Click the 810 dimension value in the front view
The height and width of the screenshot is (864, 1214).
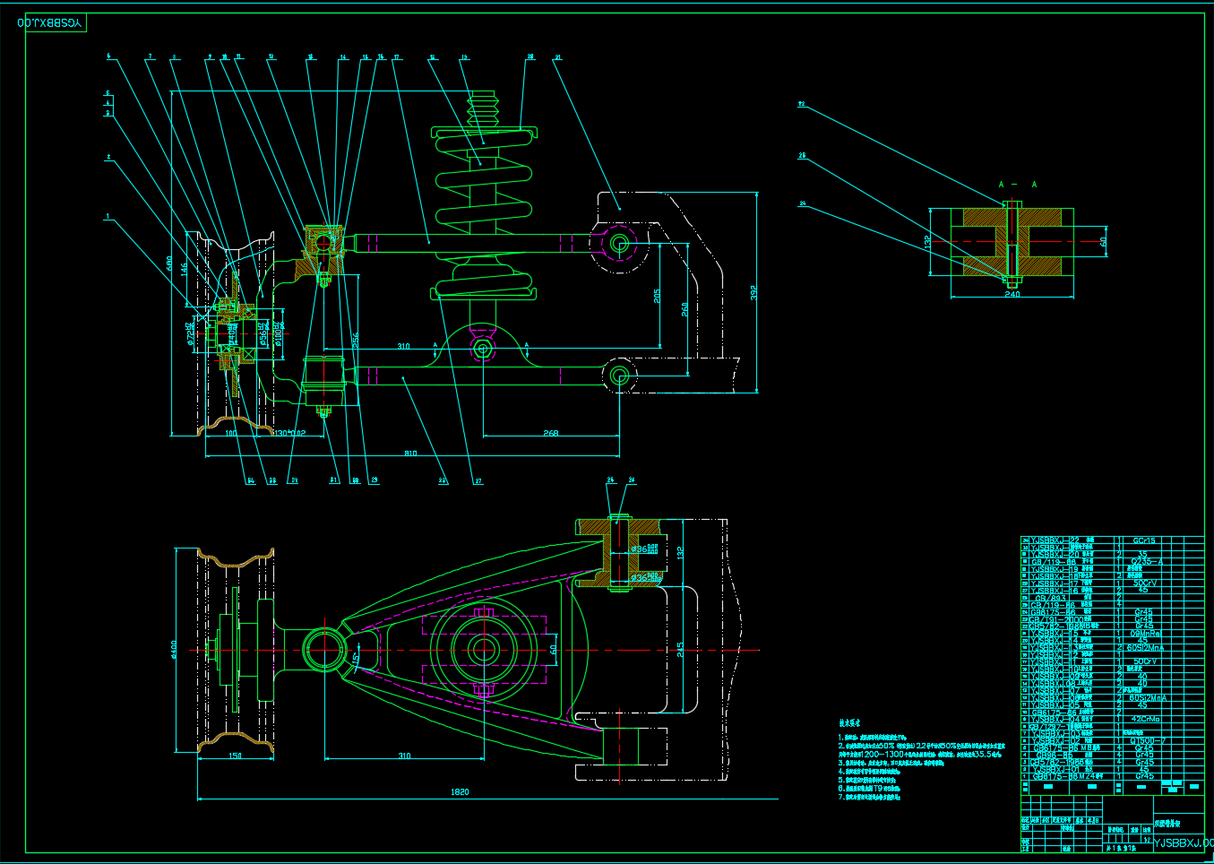[410, 454]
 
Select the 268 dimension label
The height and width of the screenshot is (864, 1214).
[550, 433]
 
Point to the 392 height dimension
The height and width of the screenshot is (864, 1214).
[753, 292]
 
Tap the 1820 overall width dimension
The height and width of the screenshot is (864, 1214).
[460, 792]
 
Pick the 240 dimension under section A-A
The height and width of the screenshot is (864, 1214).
[1012, 294]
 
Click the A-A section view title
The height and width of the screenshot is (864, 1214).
[1017, 185]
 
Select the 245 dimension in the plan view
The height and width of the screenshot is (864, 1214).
[680, 649]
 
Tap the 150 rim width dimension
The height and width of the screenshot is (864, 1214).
[235, 756]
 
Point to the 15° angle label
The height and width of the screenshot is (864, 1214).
[356, 659]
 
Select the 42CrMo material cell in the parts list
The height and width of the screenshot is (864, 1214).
[1145, 719]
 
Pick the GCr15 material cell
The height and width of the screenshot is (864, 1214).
[1144, 540]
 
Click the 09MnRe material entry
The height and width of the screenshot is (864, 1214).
[1144, 634]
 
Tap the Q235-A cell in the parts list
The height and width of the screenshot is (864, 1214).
[1146, 562]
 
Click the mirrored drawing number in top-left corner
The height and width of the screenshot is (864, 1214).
[52, 22]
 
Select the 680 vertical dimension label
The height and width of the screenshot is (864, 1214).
[168, 264]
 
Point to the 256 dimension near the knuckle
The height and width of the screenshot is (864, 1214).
[355, 341]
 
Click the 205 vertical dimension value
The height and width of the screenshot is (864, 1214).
[657, 296]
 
